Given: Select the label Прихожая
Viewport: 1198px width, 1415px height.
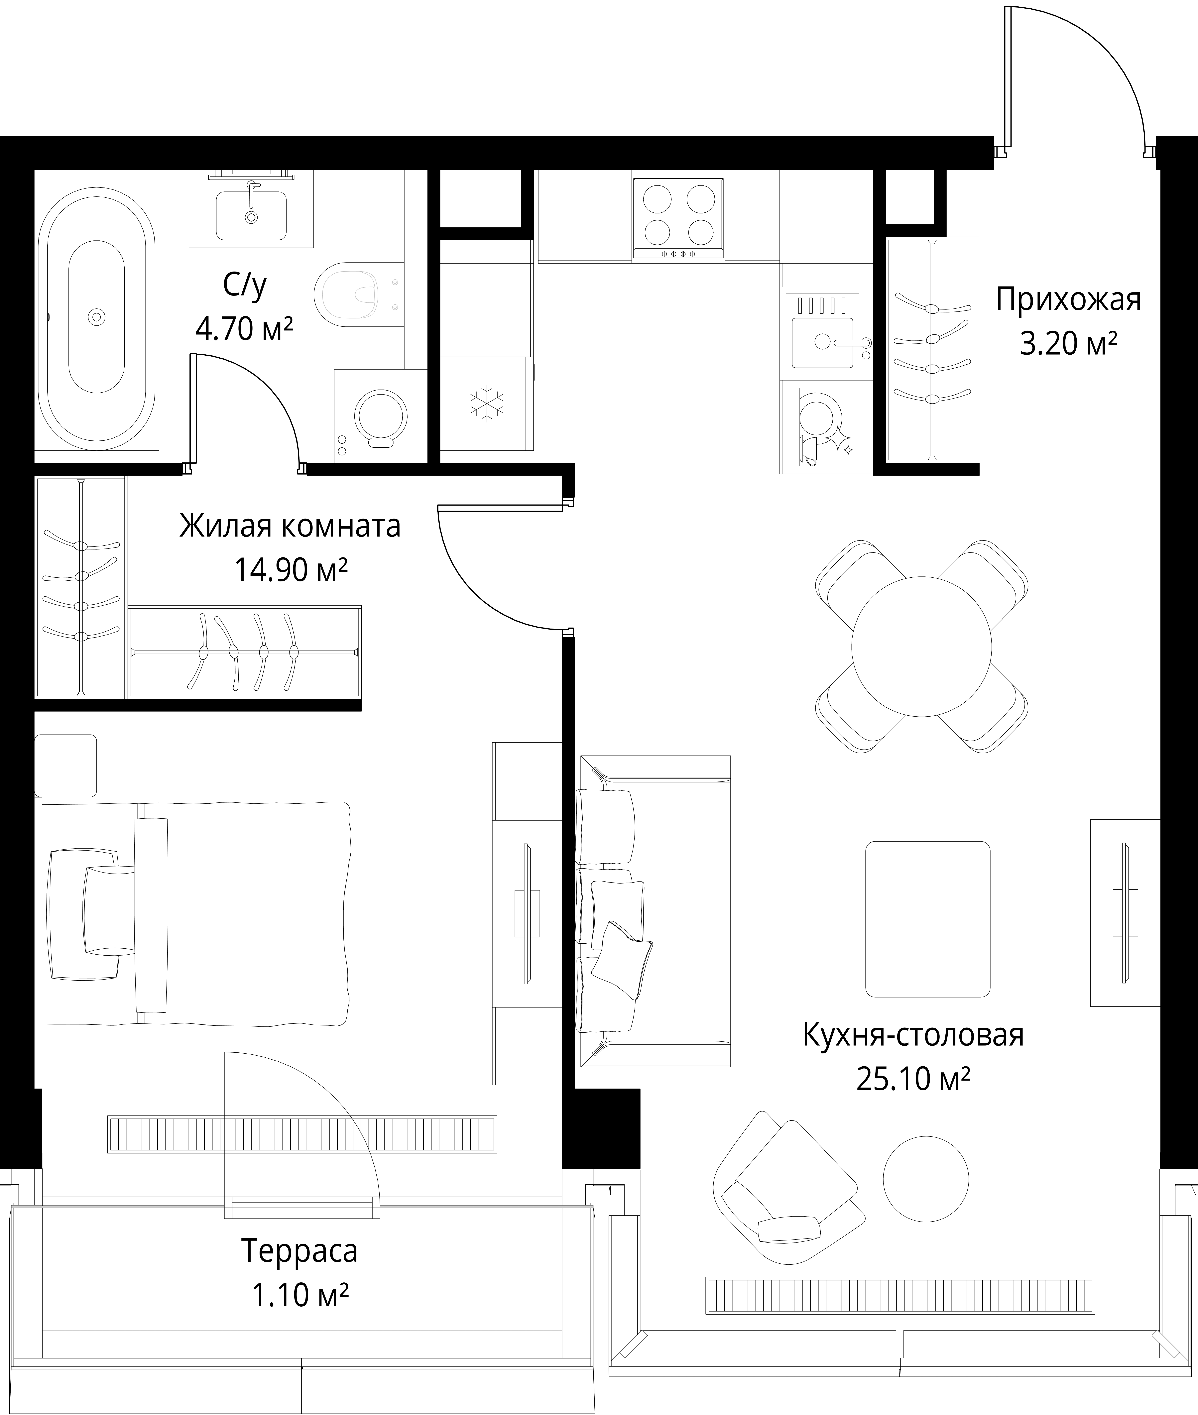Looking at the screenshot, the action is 1068,299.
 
